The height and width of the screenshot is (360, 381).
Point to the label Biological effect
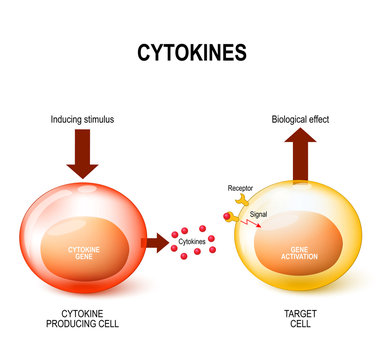click(301, 119)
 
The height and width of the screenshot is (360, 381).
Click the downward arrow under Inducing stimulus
click(81, 155)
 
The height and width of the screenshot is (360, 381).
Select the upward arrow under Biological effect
click(302, 158)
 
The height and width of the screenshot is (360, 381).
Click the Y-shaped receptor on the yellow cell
click(238, 202)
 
